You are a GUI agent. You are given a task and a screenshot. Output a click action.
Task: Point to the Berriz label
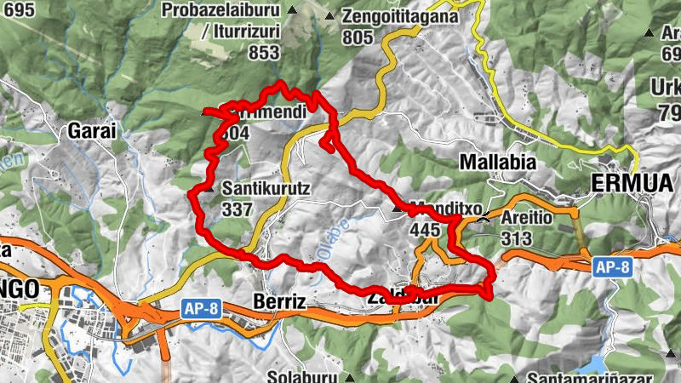point(279,300)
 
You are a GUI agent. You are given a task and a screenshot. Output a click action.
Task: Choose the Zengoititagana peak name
point(399,16)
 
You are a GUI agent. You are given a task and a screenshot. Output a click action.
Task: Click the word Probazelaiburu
point(226,11)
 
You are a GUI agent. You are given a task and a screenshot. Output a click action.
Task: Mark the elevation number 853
point(264,53)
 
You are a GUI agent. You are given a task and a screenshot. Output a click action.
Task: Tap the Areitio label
point(528,217)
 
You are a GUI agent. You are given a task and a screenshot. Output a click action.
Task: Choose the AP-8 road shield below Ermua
point(612,266)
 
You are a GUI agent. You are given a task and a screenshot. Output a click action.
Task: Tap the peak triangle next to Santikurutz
point(210,190)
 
